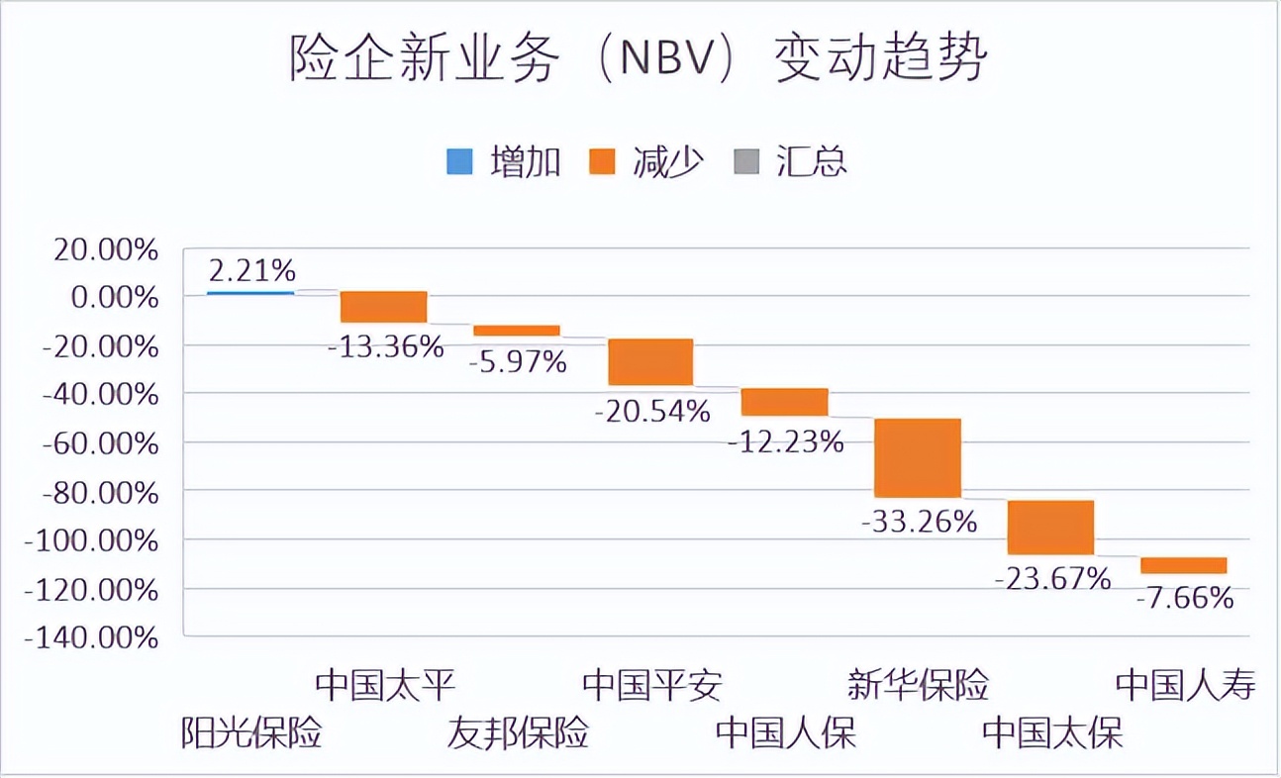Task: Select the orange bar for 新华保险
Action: [917, 457]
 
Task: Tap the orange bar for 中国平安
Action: [650, 361]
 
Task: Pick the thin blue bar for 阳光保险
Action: [250, 293]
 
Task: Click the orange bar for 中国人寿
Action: [1183, 565]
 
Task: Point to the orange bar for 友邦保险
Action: [517, 331]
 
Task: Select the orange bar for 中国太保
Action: [1050, 528]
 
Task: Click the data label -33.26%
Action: [920, 521]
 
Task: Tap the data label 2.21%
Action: [251, 269]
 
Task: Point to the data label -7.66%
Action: [1185, 598]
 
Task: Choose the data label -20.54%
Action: [652, 410]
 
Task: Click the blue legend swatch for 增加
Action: [459, 161]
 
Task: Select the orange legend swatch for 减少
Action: [602, 161]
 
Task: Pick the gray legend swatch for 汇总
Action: [745, 161]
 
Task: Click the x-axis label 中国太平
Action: [385, 685]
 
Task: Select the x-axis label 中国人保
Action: [786, 733]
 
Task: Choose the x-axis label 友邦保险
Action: [519, 733]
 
